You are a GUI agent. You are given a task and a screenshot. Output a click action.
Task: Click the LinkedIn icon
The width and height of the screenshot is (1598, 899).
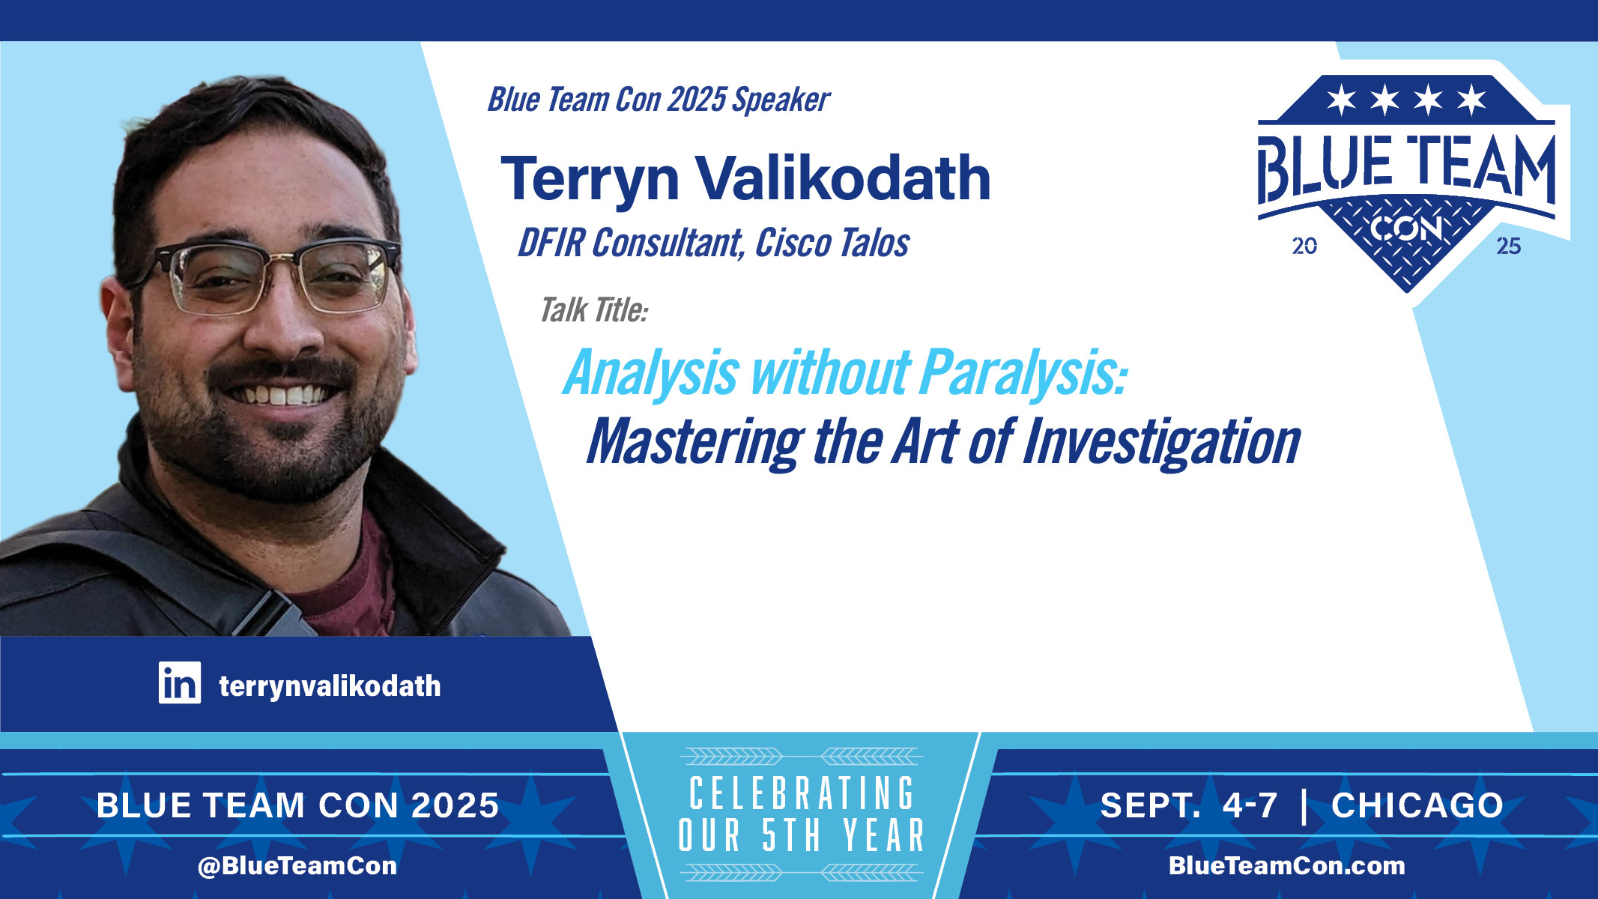tap(180, 682)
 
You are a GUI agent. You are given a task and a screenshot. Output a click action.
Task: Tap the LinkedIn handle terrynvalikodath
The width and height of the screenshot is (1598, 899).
tap(330, 686)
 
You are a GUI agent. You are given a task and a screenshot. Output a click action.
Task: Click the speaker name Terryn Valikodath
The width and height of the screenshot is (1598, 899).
tap(745, 180)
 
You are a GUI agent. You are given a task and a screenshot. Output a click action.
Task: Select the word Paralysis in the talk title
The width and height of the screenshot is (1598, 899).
tap(1023, 372)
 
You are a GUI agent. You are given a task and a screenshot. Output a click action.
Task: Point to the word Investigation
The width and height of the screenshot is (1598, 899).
tap(1161, 442)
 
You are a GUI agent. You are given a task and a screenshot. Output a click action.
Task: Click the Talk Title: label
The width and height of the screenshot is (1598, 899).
tap(594, 310)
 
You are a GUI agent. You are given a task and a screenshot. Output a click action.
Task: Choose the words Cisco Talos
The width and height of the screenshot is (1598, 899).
tap(832, 243)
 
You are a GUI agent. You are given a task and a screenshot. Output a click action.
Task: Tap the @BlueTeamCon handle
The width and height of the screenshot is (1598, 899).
tap(297, 866)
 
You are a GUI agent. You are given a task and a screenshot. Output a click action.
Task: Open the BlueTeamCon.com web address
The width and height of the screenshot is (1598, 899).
tap(1287, 866)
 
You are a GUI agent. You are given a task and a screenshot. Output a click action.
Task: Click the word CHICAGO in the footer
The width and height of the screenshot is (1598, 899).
tap(1417, 805)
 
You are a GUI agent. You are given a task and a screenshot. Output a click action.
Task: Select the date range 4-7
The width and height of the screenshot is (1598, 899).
tap(1250, 805)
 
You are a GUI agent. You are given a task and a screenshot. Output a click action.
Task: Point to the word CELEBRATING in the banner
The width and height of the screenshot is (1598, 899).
tap(802, 794)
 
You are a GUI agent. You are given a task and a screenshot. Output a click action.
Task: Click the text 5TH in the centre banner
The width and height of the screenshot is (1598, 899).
tap(791, 835)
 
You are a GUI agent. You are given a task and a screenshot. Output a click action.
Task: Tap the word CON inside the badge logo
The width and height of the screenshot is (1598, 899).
tap(1406, 228)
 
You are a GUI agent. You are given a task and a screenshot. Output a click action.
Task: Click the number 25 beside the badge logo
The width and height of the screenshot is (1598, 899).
tap(1508, 246)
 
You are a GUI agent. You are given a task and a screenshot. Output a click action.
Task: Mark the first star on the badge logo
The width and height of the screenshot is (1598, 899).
tap(1341, 99)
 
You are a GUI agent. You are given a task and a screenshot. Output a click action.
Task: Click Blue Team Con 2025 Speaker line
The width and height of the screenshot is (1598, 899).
tap(659, 100)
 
